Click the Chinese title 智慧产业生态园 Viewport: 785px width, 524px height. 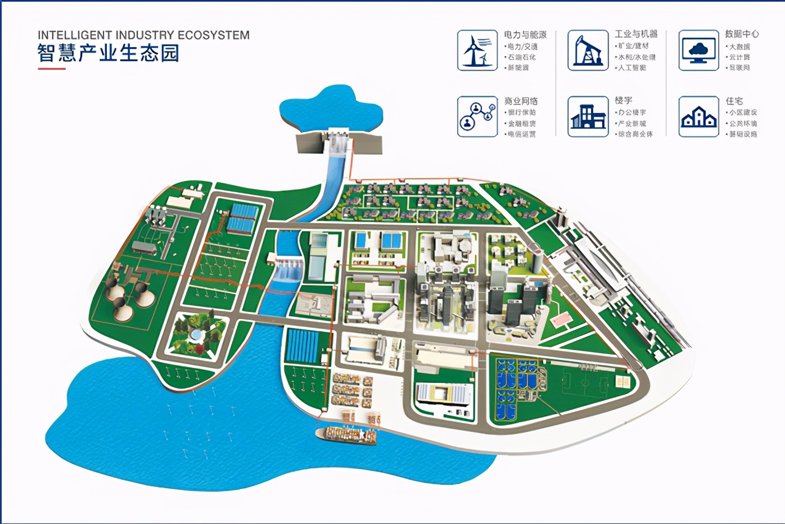point(108,53)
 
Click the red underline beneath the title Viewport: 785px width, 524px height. point(51,69)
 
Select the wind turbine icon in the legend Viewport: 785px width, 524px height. point(477,50)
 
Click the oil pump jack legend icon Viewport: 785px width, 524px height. point(588,50)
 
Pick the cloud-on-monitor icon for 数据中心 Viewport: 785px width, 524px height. point(698,50)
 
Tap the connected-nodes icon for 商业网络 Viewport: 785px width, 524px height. point(477,116)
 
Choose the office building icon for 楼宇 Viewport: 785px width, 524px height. point(588,116)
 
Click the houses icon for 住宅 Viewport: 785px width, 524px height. point(698,116)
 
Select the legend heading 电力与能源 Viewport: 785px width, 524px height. point(525,35)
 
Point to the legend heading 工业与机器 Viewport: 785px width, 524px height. point(636,34)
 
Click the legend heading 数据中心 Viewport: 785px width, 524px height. point(742,34)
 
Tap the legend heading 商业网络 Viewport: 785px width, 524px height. point(521,101)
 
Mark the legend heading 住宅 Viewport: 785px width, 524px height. point(734,101)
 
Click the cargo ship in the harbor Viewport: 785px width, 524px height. point(346,435)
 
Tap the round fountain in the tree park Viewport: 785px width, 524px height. point(195,335)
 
